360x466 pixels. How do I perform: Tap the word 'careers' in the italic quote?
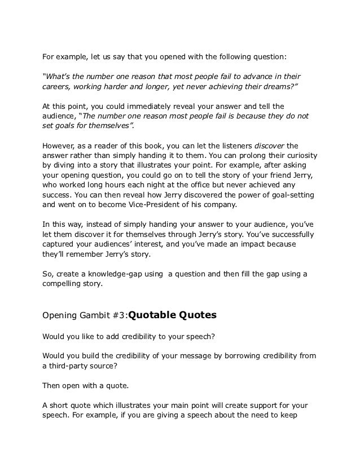56,87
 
